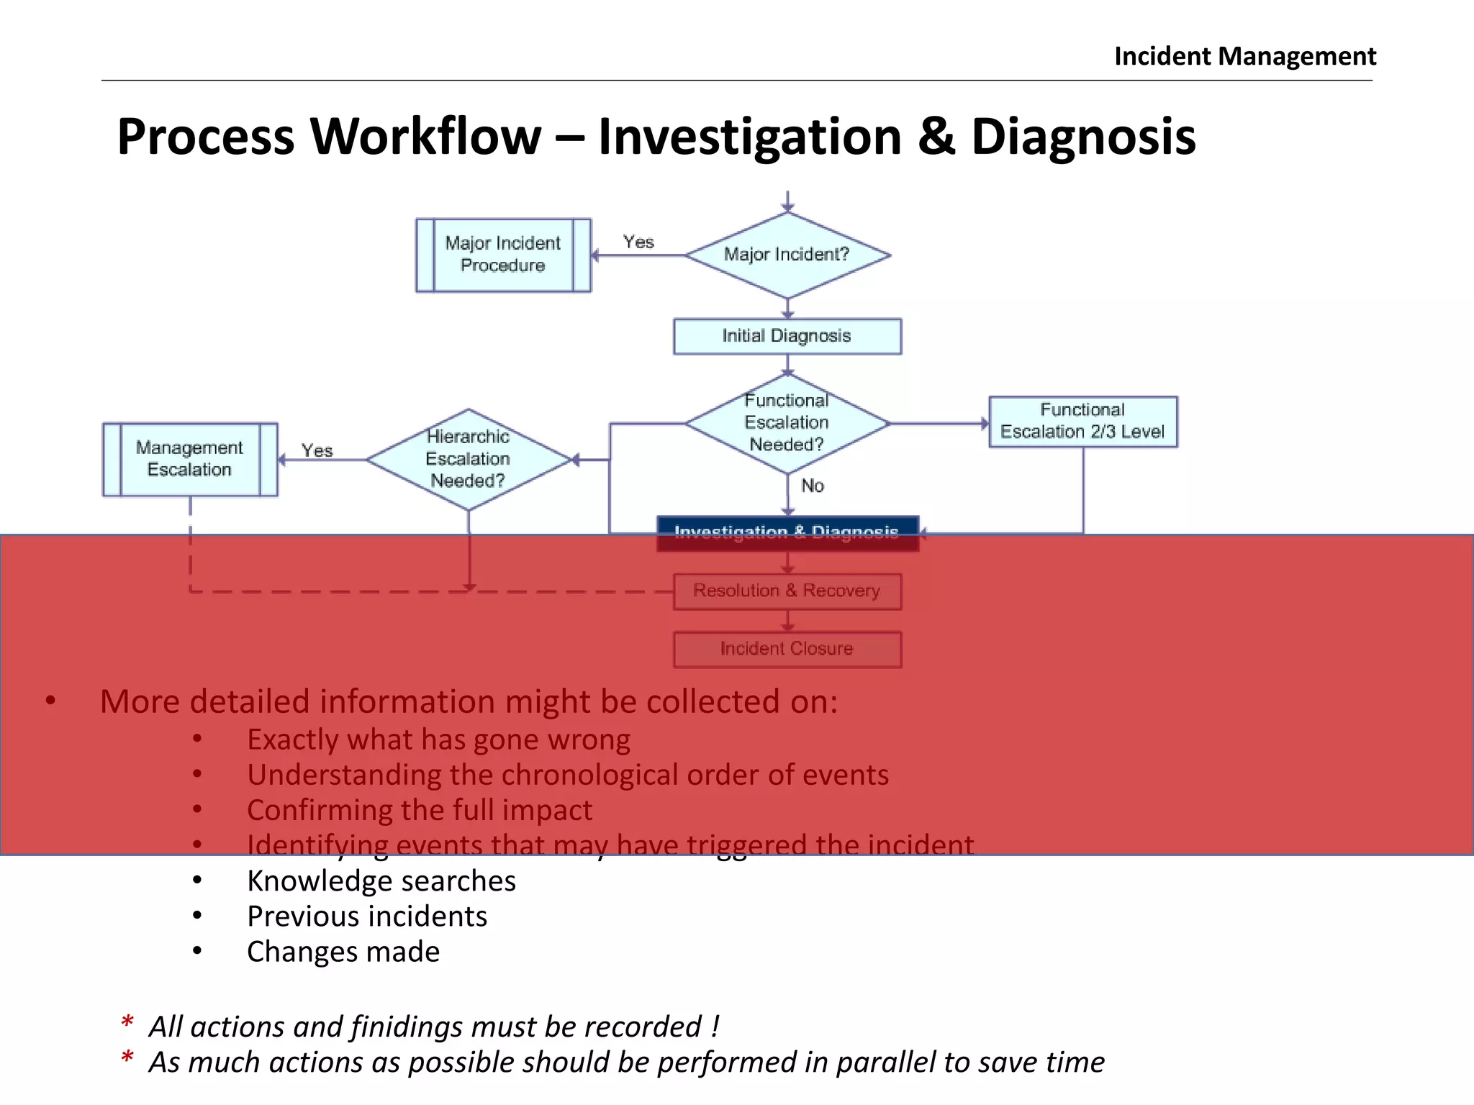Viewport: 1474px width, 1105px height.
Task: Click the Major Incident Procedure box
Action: point(503,255)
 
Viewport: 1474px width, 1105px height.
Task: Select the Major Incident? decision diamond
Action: point(787,255)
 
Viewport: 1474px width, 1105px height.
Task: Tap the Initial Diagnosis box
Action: point(787,336)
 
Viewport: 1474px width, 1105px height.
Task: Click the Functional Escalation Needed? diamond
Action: point(787,423)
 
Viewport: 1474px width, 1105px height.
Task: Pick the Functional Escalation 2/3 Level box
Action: point(1082,422)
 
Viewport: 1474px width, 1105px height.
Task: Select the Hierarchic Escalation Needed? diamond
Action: point(468,459)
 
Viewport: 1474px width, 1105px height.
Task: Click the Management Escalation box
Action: point(190,459)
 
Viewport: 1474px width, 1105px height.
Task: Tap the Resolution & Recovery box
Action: point(787,591)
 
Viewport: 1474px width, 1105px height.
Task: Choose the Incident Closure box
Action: point(787,649)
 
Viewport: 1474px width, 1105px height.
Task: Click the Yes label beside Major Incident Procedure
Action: point(638,242)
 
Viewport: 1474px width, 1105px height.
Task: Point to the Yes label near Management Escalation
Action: point(317,451)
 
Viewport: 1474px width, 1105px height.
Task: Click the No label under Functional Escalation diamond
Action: point(813,486)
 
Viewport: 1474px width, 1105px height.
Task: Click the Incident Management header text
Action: point(1244,56)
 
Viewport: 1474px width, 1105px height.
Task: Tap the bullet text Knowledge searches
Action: point(381,881)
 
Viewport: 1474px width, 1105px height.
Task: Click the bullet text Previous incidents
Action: point(366,917)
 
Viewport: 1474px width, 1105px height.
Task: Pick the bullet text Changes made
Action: point(343,952)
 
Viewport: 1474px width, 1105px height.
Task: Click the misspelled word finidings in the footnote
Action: point(407,1027)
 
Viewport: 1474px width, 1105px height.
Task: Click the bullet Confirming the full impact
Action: point(419,811)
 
